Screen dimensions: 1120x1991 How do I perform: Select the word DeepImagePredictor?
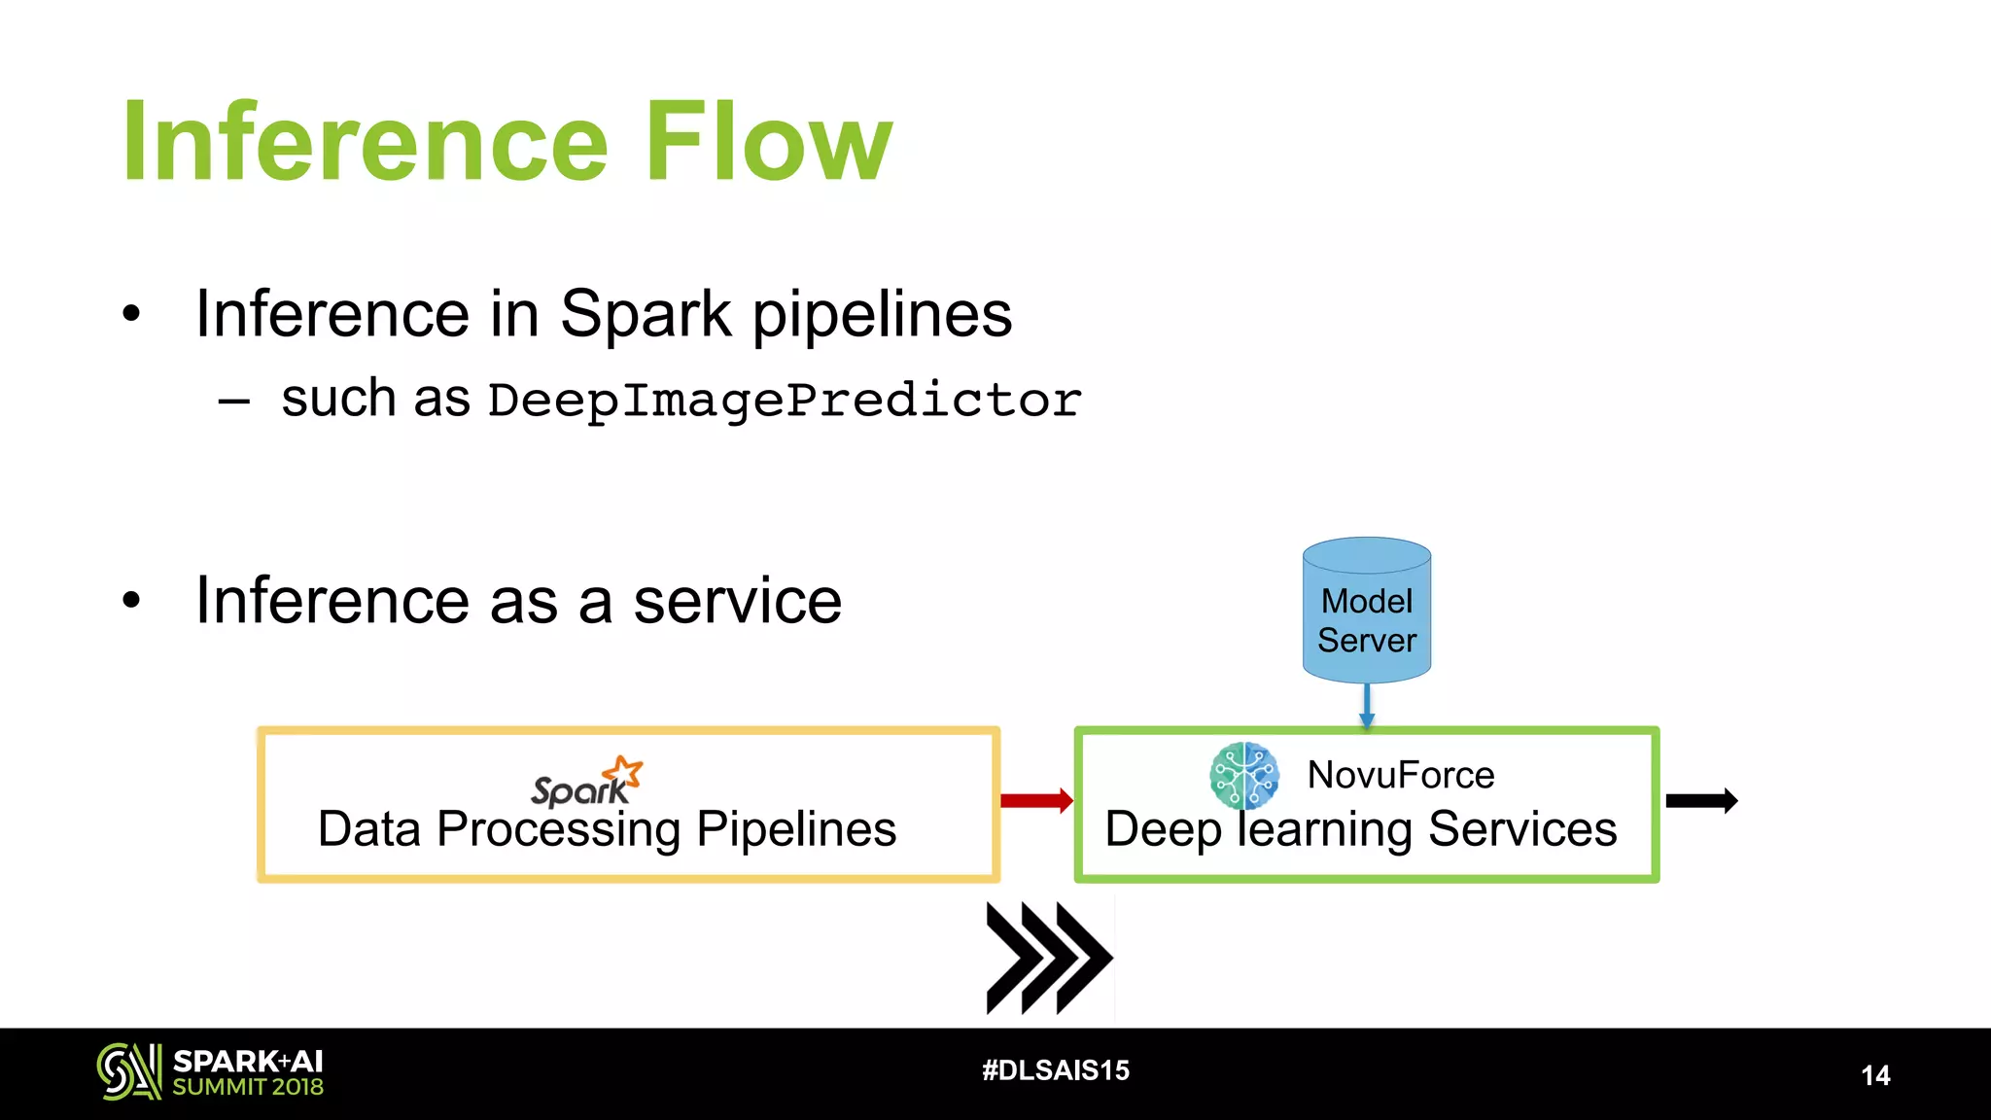click(x=784, y=401)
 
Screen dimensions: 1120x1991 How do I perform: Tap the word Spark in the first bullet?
click(x=646, y=314)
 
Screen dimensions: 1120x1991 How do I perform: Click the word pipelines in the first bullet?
click(x=882, y=314)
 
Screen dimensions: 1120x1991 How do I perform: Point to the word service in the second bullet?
click(x=737, y=601)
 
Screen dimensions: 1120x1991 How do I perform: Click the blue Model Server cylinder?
click(x=1366, y=611)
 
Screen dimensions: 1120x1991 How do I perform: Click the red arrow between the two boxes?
click(x=1036, y=801)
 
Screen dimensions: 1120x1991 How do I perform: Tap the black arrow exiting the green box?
click(x=1701, y=801)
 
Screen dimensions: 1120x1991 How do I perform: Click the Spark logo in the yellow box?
click(x=586, y=783)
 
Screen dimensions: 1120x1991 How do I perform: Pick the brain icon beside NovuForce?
click(x=1243, y=776)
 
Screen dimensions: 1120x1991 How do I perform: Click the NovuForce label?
click(x=1400, y=775)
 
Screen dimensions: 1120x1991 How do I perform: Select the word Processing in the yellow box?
click(x=558, y=829)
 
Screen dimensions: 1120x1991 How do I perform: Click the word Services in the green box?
click(x=1521, y=829)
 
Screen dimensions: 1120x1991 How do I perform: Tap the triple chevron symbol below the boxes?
click(x=1048, y=959)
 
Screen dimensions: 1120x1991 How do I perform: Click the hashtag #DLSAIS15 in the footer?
click(x=1056, y=1070)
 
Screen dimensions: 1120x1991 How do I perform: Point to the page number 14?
click(x=1874, y=1075)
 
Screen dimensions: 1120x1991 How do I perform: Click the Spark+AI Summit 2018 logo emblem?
click(x=128, y=1071)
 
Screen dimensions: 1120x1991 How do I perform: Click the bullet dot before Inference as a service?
click(x=131, y=601)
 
